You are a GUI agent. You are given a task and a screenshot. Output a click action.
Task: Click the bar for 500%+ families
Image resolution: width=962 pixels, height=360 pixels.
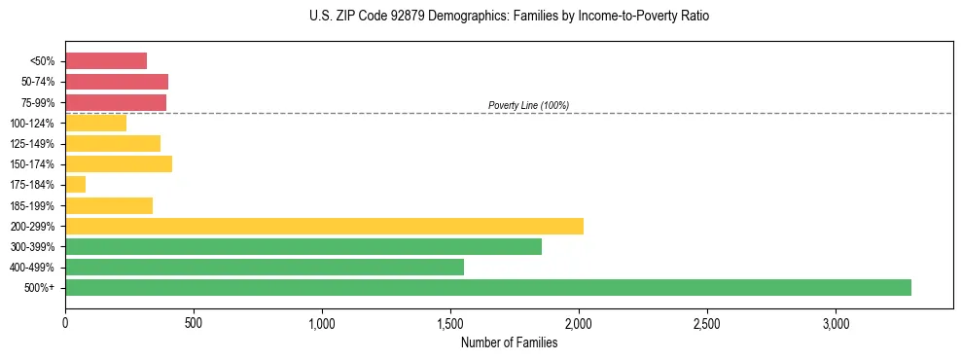487,287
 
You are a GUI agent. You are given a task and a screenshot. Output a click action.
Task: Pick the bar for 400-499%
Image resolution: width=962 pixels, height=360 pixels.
264,267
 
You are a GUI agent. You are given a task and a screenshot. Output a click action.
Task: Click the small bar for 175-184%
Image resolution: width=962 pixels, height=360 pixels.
75,184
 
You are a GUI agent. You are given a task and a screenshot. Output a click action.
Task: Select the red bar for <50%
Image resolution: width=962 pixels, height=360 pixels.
105,60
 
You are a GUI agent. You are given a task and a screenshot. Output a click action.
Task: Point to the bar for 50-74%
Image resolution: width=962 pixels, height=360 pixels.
116,82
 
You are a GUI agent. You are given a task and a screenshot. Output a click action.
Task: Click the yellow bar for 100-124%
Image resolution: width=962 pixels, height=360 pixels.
95,123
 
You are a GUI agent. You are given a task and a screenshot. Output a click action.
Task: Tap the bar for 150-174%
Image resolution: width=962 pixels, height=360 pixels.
118,163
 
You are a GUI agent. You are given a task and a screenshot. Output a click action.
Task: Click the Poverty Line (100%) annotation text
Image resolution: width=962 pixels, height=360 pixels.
528,105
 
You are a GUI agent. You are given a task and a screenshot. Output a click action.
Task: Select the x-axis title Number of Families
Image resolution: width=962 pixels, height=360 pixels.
509,342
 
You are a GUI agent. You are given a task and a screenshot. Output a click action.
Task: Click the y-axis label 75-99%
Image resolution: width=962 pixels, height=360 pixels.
40,102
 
